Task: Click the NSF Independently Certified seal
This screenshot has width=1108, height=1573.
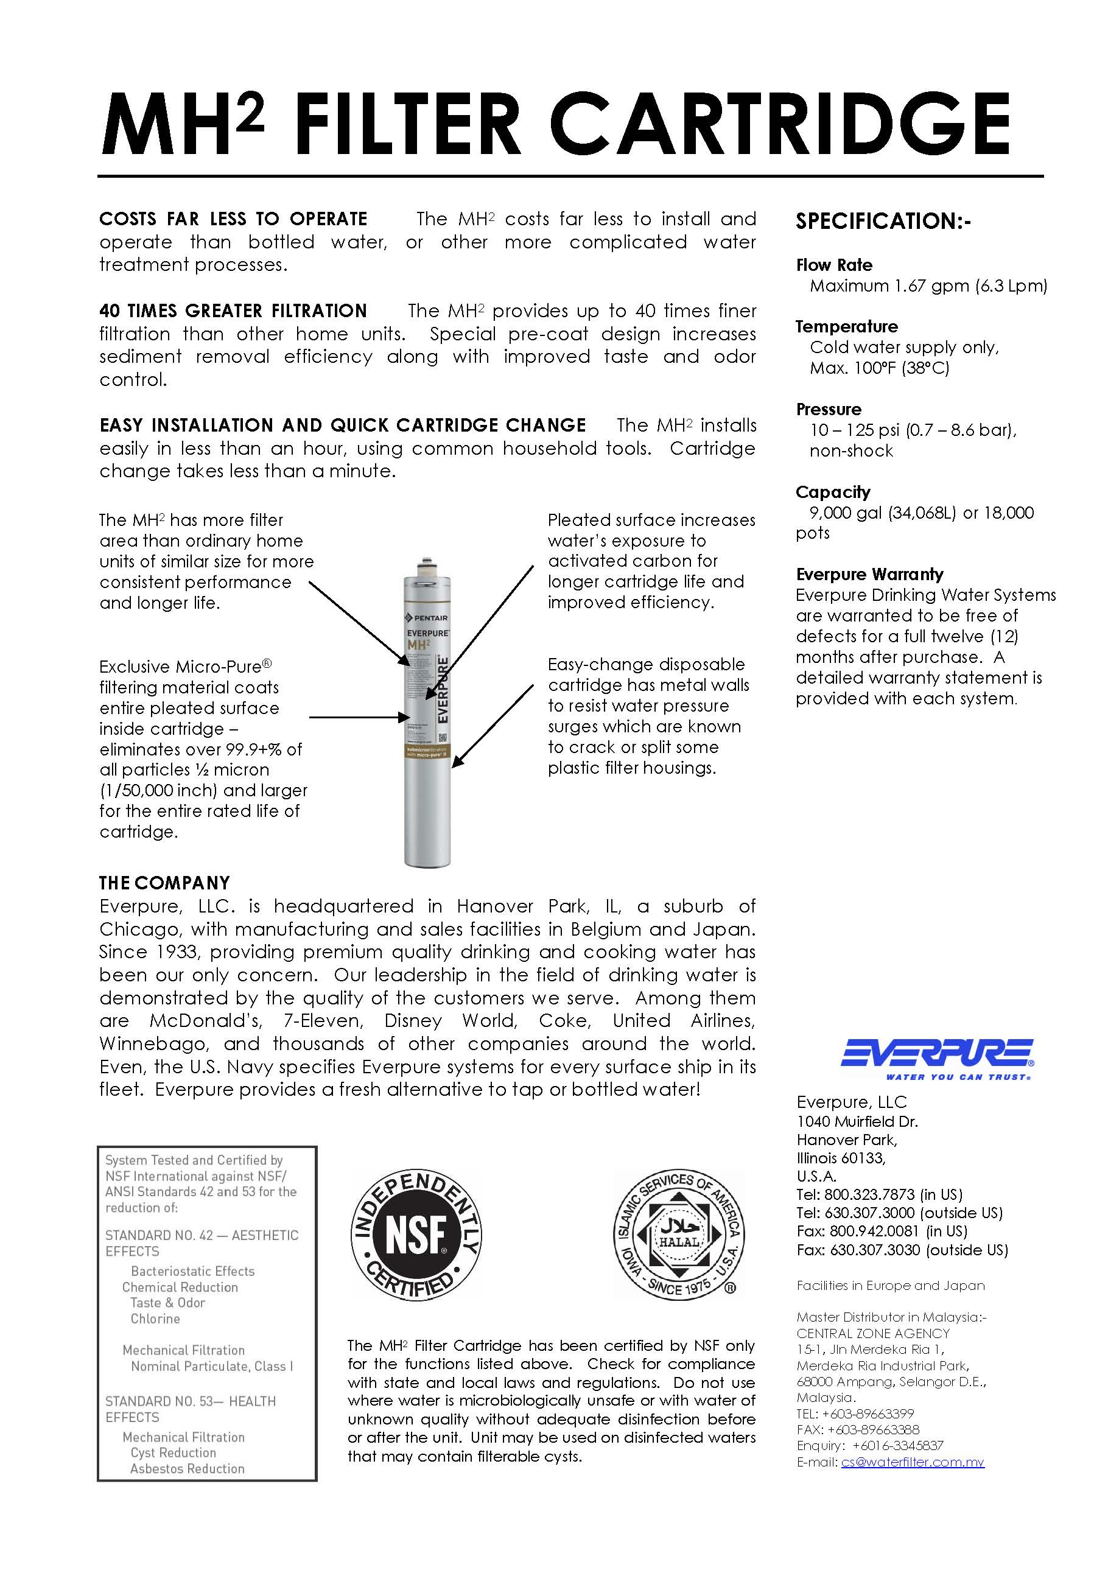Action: (x=415, y=1235)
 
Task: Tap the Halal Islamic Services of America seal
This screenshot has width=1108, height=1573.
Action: (x=678, y=1235)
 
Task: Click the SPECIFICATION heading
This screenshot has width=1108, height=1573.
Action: (x=883, y=222)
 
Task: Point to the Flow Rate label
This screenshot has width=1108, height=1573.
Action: (x=834, y=265)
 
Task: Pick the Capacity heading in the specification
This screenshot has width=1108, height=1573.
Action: (x=833, y=492)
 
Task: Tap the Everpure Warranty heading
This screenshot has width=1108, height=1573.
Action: (x=869, y=574)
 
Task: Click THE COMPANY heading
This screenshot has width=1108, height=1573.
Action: (x=164, y=883)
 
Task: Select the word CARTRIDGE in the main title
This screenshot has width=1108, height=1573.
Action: (x=780, y=125)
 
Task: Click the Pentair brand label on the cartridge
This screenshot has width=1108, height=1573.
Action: (x=427, y=618)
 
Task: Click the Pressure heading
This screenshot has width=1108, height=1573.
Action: (x=829, y=409)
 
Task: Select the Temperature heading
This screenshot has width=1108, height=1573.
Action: (x=846, y=327)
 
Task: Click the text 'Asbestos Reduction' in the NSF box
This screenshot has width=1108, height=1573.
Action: (x=187, y=1469)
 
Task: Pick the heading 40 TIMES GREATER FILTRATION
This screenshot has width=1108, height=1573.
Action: (x=233, y=311)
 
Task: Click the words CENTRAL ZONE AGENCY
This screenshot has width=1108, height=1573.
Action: (x=873, y=1333)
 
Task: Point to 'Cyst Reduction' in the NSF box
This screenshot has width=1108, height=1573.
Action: (x=174, y=1452)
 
